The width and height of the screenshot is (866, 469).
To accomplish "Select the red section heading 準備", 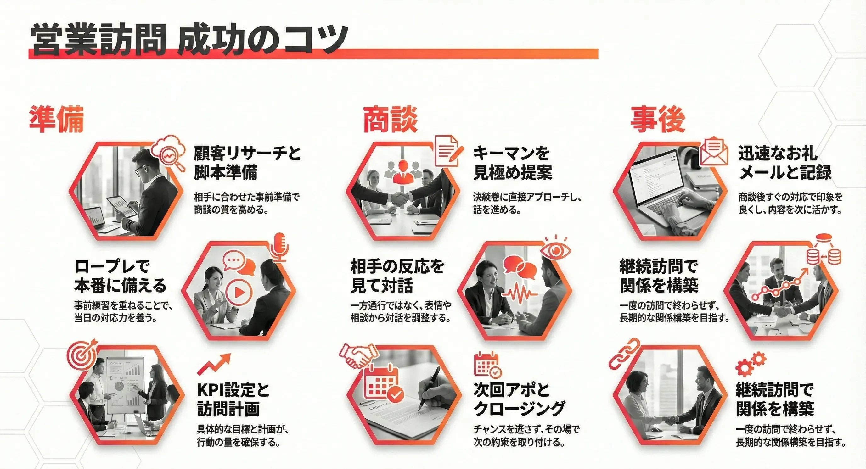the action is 56,119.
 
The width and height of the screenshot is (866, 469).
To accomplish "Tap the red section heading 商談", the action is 390,119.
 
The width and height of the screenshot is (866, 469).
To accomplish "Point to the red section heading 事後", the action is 658,119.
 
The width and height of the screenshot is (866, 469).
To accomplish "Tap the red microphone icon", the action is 279,247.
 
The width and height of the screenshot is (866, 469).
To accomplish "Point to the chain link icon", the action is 625,354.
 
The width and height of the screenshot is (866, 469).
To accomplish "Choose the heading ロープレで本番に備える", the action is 120,276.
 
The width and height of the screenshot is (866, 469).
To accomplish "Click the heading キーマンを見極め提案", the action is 512,163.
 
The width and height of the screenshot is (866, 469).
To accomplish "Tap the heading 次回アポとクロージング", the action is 520,399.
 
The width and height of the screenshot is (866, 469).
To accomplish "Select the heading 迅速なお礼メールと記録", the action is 784,163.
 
